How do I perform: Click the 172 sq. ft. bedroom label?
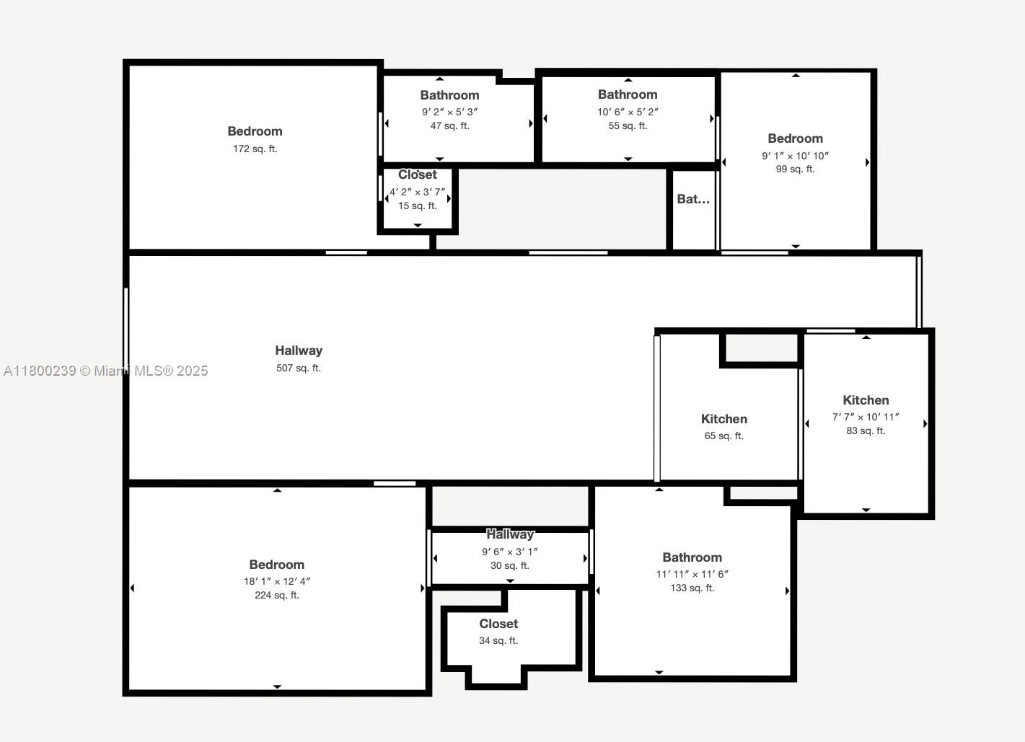(x=255, y=131)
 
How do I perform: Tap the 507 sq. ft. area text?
(x=299, y=368)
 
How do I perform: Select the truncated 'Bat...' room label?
(x=693, y=199)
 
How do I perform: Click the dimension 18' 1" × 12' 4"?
(x=277, y=581)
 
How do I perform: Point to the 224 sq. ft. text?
(x=277, y=595)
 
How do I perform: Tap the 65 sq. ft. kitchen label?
(x=724, y=419)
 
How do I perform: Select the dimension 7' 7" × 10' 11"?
(x=866, y=418)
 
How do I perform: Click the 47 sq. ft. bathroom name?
(x=450, y=95)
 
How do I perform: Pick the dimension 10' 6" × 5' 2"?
(x=628, y=112)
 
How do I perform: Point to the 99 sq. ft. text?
(x=796, y=169)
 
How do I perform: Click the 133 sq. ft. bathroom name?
(x=692, y=557)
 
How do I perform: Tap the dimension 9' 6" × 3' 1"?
(x=510, y=552)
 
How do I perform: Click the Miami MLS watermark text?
(x=106, y=371)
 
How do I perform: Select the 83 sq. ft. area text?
(x=866, y=431)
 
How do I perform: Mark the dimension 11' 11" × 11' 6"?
(x=692, y=574)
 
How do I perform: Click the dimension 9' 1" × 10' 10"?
(x=796, y=156)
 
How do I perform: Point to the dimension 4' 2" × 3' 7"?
(x=418, y=192)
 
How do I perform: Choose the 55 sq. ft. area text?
(x=628, y=125)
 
